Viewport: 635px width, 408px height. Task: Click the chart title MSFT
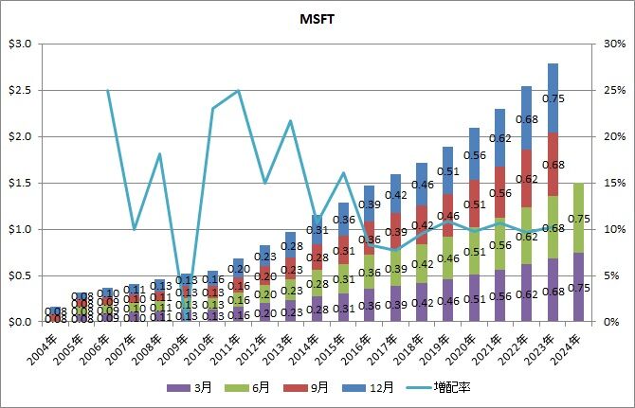coord(317,18)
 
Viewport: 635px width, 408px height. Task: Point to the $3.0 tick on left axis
coord(20,44)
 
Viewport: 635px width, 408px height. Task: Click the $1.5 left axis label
coord(20,183)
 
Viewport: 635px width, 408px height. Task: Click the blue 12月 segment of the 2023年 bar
coord(553,98)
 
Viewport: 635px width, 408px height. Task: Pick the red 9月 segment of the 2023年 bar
coord(553,164)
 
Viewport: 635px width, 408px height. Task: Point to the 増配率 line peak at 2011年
coord(238,91)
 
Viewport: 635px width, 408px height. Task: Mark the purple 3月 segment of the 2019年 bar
coord(449,300)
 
